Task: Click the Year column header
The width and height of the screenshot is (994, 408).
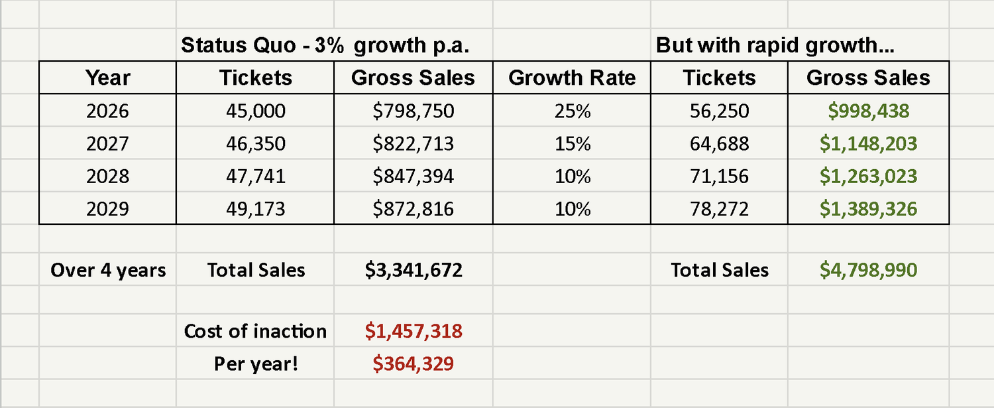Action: click(x=108, y=78)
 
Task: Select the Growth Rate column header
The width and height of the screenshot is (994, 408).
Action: click(x=572, y=78)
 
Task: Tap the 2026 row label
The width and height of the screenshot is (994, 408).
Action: click(x=108, y=111)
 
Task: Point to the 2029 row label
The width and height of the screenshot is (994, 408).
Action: click(x=108, y=209)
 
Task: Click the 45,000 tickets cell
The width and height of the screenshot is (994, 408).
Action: click(x=255, y=111)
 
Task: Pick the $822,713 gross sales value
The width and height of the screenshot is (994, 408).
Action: click(x=413, y=143)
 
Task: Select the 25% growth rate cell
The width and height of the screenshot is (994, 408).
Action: click(x=572, y=111)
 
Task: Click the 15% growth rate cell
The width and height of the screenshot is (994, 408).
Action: click(x=572, y=143)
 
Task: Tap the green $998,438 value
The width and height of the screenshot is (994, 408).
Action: click(x=868, y=111)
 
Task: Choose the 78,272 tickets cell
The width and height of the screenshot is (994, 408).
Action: click(x=719, y=209)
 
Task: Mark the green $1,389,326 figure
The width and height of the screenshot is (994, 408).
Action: click(x=868, y=209)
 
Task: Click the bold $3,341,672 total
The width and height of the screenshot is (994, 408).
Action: click(x=413, y=270)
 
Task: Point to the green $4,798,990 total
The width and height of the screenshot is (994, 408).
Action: click(x=868, y=270)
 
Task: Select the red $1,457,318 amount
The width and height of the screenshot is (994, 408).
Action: click(x=413, y=331)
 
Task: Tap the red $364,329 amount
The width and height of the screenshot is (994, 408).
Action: click(x=413, y=364)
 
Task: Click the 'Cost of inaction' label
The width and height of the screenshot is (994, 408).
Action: click(x=255, y=331)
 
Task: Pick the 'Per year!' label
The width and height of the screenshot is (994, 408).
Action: click(x=255, y=364)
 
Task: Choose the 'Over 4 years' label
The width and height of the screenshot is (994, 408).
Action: click(x=108, y=270)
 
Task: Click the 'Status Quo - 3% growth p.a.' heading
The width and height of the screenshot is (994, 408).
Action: click(x=326, y=45)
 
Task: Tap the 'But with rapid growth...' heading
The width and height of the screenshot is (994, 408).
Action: click(x=775, y=45)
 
